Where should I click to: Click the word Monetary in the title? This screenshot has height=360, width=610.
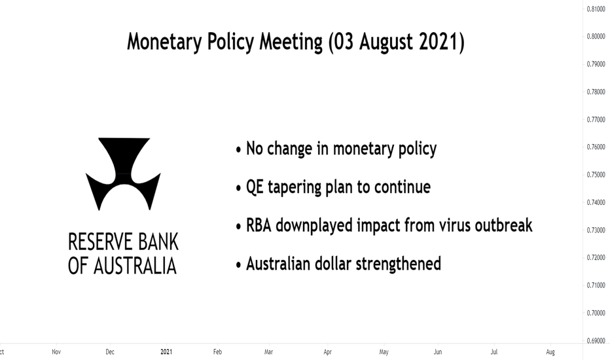[x=164, y=42]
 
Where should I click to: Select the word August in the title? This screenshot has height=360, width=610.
[x=386, y=42]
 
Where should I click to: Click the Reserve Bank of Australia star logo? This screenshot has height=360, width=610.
[x=123, y=173]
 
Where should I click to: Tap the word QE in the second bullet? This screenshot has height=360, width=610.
[x=255, y=187]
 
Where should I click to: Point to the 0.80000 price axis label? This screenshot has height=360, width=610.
[x=596, y=36]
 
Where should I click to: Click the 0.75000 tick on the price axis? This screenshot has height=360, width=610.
[x=596, y=174]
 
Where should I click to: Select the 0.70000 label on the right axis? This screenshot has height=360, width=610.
[x=596, y=313]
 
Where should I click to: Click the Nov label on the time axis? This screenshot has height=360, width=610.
[x=56, y=352]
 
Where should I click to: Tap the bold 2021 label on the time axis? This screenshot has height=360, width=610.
[x=166, y=352]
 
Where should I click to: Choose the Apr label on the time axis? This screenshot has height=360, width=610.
[x=327, y=352]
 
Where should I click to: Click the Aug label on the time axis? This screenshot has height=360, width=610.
[x=550, y=352]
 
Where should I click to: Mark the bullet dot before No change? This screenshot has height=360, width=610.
[x=238, y=150]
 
